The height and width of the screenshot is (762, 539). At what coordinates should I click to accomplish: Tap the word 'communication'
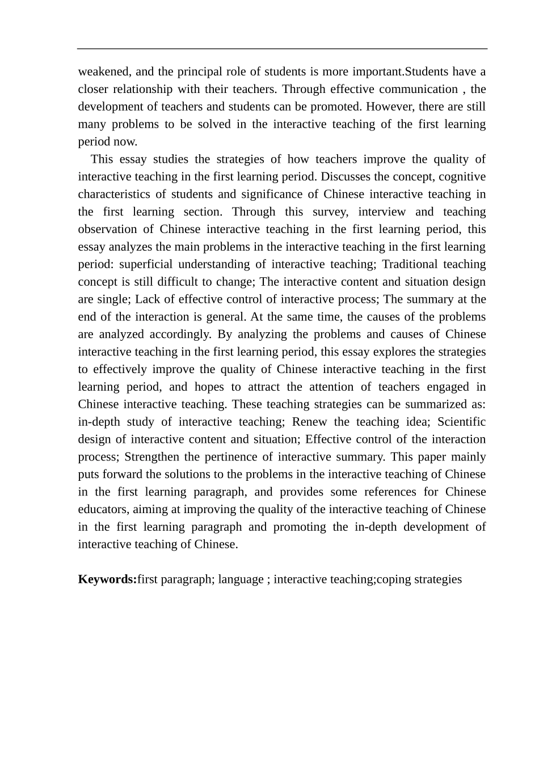click(x=419, y=90)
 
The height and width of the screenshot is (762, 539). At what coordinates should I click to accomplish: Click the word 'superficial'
click(x=148, y=265)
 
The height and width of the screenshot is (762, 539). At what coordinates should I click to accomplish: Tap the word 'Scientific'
click(x=461, y=422)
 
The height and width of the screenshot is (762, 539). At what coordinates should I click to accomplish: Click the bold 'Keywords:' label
click(x=107, y=579)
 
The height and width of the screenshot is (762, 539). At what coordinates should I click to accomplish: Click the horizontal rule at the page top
click(x=282, y=49)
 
